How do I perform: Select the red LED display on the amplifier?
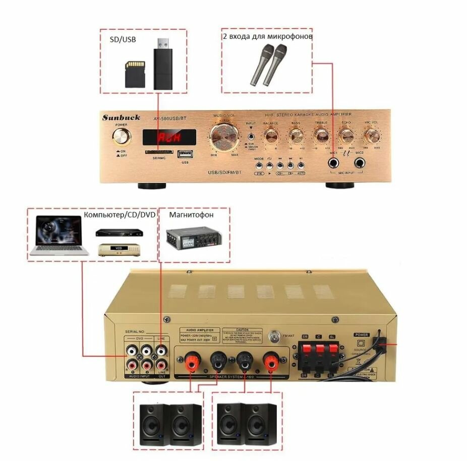pyautogui.click(x=169, y=136)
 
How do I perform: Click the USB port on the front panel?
pyautogui.click(x=185, y=153)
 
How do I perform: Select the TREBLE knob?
pyautogui.click(x=321, y=135)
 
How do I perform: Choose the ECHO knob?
pyautogui.click(x=346, y=135)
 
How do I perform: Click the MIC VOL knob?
pyautogui.click(x=372, y=135)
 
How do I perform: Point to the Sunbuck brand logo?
pyautogui.click(x=122, y=118)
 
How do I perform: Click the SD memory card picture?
pyautogui.click(x=135, y=74)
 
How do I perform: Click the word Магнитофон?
pyautogui.click(x=191, y=215)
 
